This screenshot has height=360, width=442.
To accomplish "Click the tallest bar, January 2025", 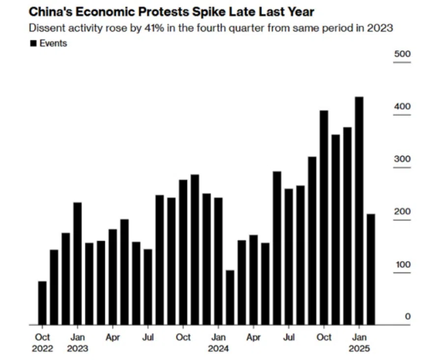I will pos(359,211).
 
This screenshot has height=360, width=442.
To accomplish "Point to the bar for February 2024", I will pos(230,297).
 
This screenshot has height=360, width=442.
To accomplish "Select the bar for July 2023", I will pos(148,287).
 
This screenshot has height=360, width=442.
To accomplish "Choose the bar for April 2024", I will pos(253,279).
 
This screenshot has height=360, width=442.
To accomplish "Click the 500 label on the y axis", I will pos(403,54).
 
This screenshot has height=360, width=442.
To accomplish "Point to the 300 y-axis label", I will pos(403,160).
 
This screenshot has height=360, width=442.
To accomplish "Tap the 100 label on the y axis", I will pos(403,265).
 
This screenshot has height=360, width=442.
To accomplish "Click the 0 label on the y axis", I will pos(408,317).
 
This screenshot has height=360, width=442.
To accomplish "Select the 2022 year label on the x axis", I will pos(42,349).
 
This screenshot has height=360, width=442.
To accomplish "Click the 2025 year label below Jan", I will pos(359,349).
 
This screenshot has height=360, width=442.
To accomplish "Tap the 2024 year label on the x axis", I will pos(219,349).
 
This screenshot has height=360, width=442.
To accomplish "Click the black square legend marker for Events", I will pos(33,43).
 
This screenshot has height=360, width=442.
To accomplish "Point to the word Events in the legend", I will pos(53,43).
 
